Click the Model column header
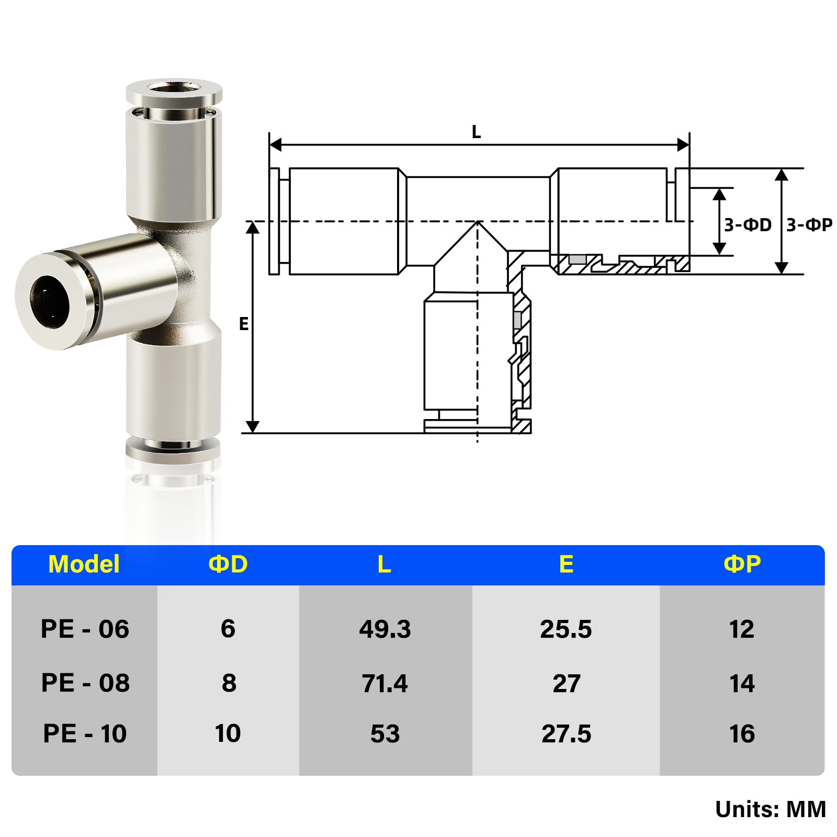(x=84, y=564)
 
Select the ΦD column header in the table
(x=228, y=564)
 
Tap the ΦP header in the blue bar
(x=742, y=564)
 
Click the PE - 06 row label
(x=85, y=629)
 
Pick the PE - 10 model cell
(x=85, y=733)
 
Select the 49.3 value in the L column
(x=385, y=629)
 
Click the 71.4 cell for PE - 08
(x=385, y=683)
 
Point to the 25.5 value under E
(x=566, y=629)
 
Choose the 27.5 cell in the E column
(x=567, y=733)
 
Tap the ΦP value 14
(x=742, y=683)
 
